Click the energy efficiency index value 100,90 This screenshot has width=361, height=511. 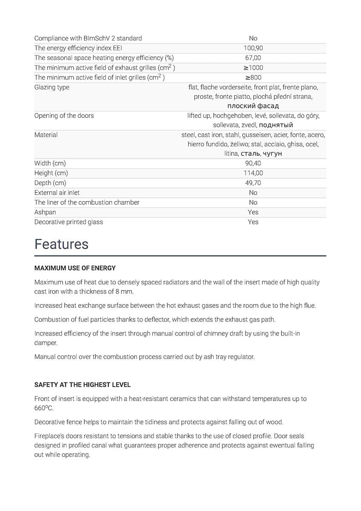click(253, 48)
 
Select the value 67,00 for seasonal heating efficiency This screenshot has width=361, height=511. click(253, 58)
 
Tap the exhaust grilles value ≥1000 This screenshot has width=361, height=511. click(253, 68)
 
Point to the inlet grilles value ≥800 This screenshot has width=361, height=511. click(253, 78)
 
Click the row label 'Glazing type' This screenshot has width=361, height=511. click(52, 87)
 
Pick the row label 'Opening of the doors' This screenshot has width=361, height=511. click(64, 116)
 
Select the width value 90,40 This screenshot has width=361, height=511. click(253, 164)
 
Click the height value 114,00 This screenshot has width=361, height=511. click(253, 173)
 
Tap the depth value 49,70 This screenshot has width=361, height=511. click(253, 183)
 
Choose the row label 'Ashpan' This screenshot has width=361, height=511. click(45, 212)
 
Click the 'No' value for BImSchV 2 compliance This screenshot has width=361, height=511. click(253, 38)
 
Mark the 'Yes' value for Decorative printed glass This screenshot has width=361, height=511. click(253, 222)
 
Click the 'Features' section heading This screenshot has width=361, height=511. click(61, 244)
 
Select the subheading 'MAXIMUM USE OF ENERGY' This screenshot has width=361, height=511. click(75, 268)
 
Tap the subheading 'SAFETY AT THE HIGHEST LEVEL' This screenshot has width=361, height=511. click(83, 385)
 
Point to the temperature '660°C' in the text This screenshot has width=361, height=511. click(44, 408)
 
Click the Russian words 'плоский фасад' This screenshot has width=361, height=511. click(253, 106)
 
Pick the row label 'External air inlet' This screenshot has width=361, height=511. click(57, 193)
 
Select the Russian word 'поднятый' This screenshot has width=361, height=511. click(276, 125)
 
